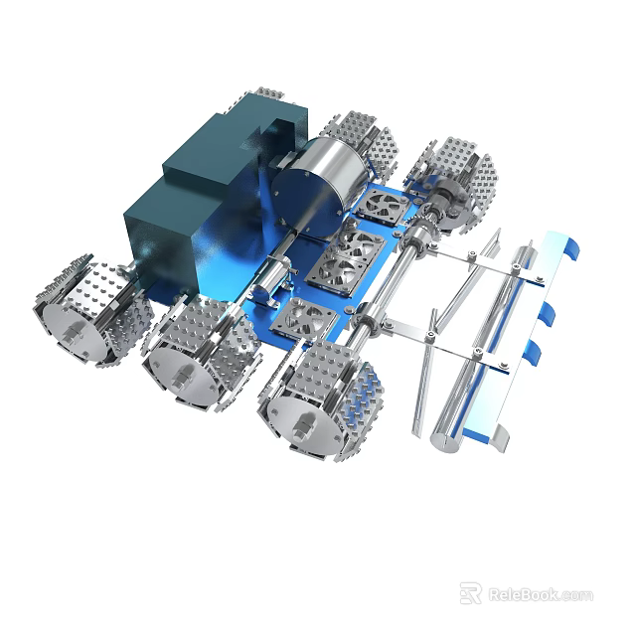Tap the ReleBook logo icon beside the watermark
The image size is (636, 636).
(x=470, y=593)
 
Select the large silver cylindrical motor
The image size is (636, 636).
(x=311, y=186)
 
